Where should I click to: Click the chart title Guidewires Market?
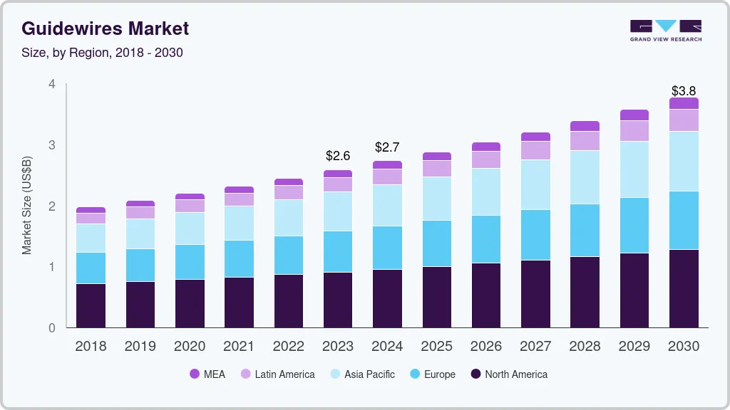(105, 29)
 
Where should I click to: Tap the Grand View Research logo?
(665, 31)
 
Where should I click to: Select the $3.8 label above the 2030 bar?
(684, 91)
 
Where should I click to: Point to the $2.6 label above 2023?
(338, 155)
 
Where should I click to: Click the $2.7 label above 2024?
(387, 147)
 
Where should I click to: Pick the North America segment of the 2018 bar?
(91, 305)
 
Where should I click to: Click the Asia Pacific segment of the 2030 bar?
(684, 161)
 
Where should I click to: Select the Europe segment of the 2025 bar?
(436, 243)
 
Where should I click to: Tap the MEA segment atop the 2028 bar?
(585, 126)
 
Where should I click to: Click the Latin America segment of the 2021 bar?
(239, 199)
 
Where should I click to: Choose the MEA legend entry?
(207, 374)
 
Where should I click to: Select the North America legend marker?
(475, 374)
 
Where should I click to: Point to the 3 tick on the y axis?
(51, 145)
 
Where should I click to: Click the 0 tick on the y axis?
(51, 328)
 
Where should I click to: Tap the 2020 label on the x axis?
(190, 347)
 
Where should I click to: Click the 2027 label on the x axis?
(535, 347)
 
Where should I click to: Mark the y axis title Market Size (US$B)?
(27, 206)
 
